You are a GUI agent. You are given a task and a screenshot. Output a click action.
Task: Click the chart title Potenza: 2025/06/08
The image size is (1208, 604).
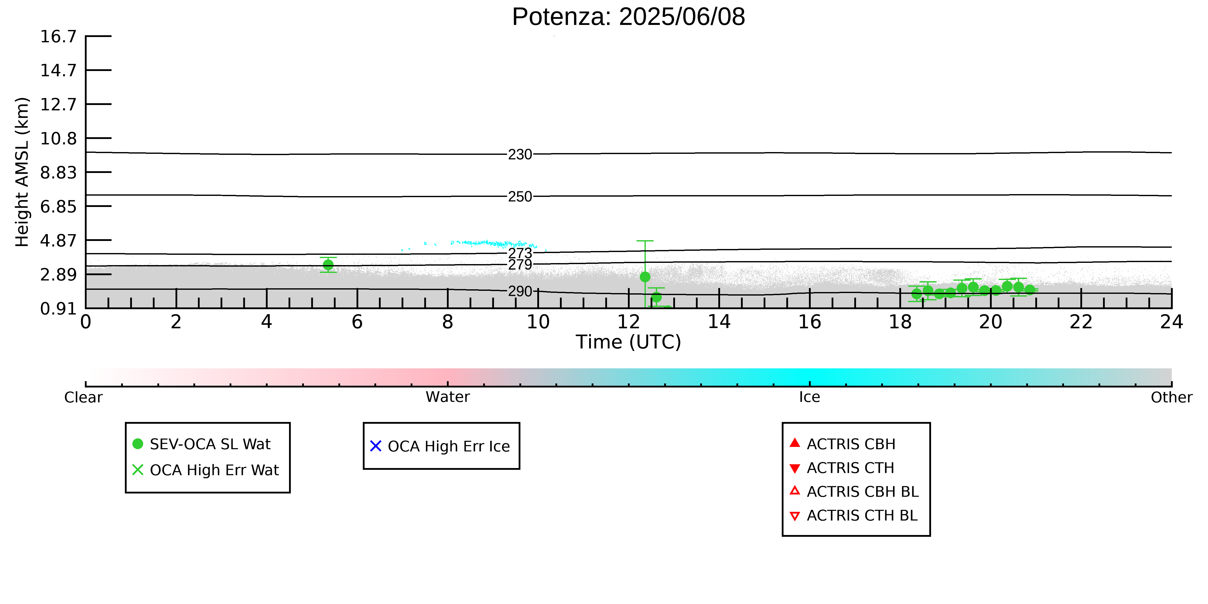[x=628, y=17]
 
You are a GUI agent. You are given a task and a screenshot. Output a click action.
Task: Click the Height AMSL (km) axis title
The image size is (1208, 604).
[x=22, y=172]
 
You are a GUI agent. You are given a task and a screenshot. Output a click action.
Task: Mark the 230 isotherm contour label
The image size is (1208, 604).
[x=520, y=154]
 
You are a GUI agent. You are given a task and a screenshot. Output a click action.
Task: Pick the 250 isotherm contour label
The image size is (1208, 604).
[x=520, y=196]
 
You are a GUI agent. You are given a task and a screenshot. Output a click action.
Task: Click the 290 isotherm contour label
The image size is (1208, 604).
[x=520, y=291]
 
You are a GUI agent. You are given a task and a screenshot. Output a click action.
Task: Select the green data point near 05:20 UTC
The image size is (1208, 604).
[x=328, y=265]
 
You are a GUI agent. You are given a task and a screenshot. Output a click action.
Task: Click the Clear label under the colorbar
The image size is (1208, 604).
[x=84, y=397]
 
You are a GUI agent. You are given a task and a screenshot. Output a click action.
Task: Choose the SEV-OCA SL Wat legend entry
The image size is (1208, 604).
[x=202, y=444]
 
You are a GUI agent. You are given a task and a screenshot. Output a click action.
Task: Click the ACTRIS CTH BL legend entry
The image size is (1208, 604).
[x=854, y=515]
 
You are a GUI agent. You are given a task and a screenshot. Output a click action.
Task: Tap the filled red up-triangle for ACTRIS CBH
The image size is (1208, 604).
[x=795, y=443]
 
